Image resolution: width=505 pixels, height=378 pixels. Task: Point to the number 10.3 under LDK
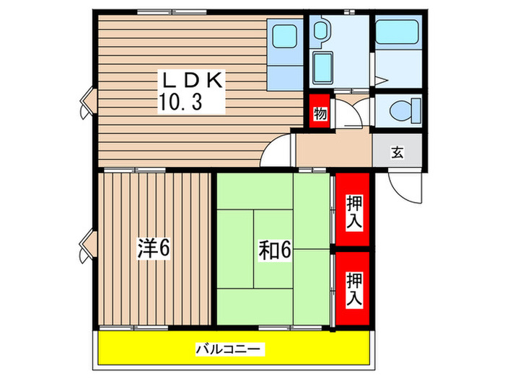tap(180, 102)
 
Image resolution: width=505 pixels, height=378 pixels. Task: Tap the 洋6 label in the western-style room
tap(153, 249)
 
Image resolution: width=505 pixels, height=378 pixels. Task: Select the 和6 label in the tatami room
tap(274, 250)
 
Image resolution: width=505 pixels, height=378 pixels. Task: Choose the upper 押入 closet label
tap(353, 213)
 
